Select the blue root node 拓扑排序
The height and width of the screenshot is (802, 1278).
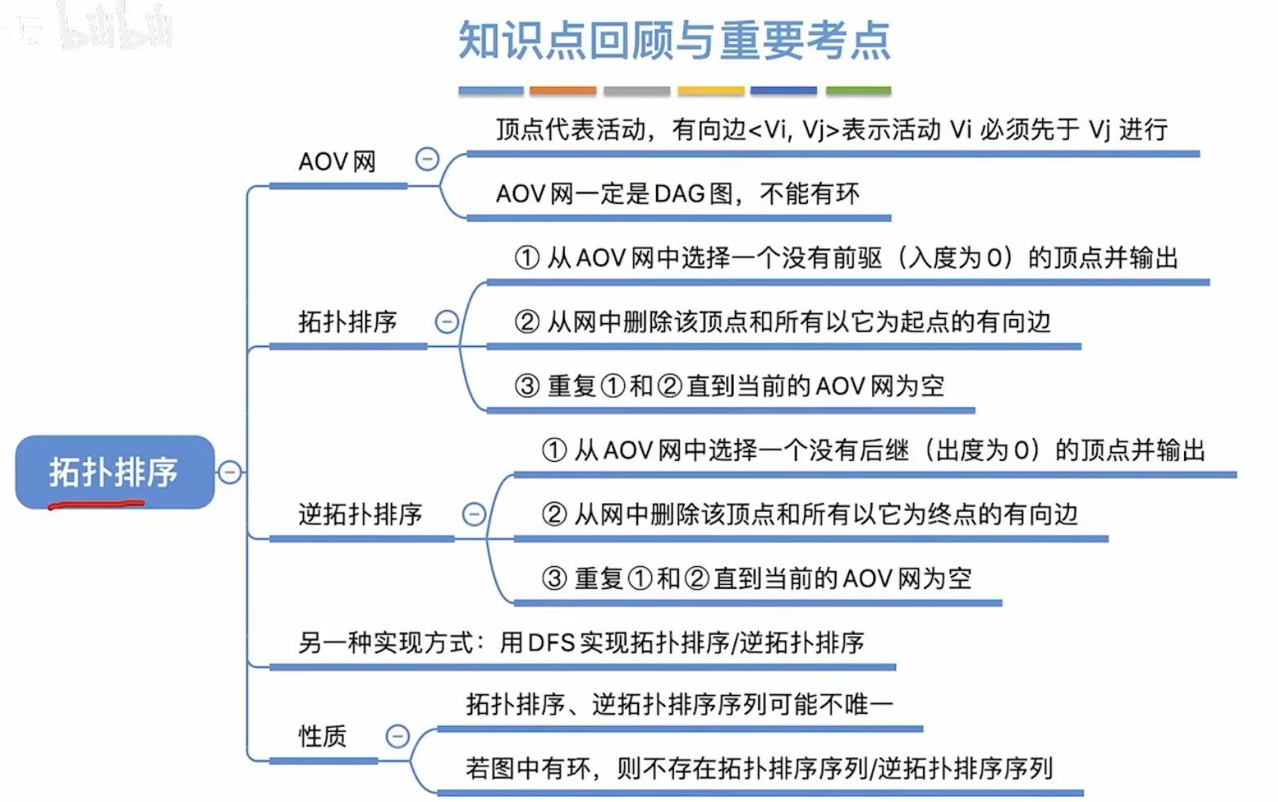(x=114, y=471)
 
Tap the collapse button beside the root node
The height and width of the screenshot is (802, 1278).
(x=230, y=472)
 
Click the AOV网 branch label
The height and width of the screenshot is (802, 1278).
(x=337, y=162)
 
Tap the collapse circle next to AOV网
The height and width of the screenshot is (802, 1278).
(x=427, y=159)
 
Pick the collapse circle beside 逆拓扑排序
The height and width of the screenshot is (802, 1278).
(x=473, y=514)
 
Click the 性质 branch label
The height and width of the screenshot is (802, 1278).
(x=322, y=736)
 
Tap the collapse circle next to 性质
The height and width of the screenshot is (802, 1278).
(x=397, y=736)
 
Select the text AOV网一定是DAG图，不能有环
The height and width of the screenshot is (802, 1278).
(x=677, y=194)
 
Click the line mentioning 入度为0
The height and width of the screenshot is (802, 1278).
(x=845, y=258)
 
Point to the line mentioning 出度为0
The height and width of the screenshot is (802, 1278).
(x=873, y=450)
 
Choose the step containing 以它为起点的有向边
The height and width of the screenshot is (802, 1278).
(x=782, y=322)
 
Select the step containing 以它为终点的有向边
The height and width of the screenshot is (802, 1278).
(x=809, y=514)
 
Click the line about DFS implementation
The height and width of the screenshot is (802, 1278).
(x=580, y=643)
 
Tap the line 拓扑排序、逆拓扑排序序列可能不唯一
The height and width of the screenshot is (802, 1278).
(x=679, y=704)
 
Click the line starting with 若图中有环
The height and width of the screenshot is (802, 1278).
(x=759, y=768)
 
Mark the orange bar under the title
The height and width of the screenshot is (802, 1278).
(x=562, y=91)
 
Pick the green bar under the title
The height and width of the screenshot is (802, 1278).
(x=858, y=91)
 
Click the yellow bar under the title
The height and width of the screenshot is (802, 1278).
(x=711, y=91)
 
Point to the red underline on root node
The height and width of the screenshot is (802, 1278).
(x=96, y=504)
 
